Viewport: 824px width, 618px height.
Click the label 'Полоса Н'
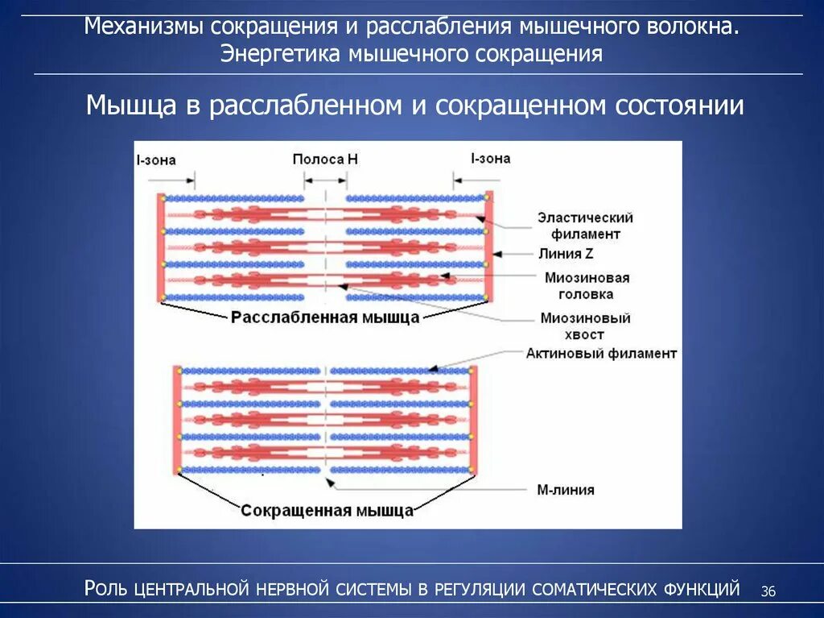324,160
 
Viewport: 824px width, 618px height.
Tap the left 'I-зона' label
155,160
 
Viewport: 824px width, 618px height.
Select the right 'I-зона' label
490,159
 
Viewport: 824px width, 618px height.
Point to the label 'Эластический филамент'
585,226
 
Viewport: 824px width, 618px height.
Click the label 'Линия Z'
567,254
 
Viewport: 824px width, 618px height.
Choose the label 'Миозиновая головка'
586,285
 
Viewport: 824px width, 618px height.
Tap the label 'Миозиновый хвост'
585,326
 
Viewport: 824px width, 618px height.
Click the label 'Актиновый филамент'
601,354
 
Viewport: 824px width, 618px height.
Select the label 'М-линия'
566,489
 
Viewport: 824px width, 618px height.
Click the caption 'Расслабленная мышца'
325,317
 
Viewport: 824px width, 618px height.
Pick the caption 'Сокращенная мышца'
327,511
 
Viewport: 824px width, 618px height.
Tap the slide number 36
768,592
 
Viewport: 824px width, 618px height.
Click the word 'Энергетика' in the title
282,54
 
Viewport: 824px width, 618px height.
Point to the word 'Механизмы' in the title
146,27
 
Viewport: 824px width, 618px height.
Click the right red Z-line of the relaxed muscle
488,246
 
